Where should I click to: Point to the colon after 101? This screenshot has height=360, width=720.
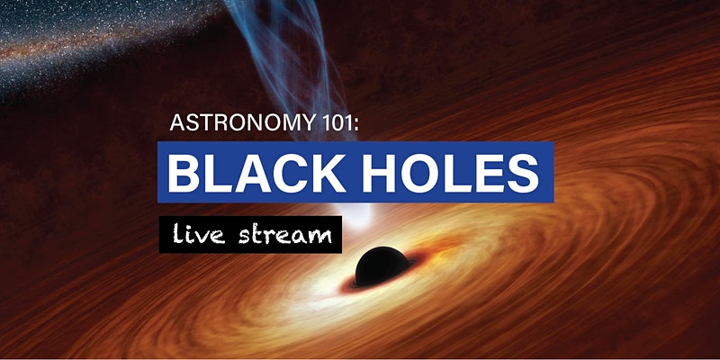pyautogui.click(x=355, y=125)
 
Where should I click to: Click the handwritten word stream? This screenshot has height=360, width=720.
pyautogui.click(x=285, y=235)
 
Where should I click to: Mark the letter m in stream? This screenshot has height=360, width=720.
pyautogui.click(x=319, y=237)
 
